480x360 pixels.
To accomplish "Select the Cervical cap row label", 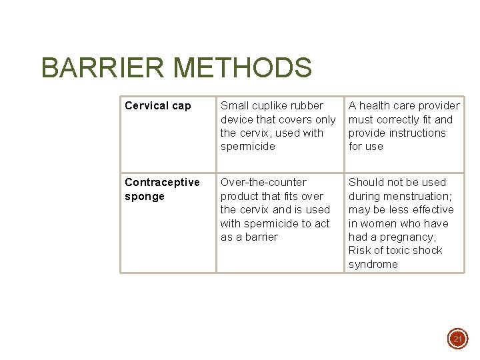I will (x=157, y=106).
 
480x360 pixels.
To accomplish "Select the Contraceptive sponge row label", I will (x=162, y=189).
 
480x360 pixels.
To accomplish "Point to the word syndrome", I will (x=373, y=265).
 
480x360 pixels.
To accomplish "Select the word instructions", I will (x=413, y=133).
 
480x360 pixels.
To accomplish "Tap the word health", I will (x=375, y=106).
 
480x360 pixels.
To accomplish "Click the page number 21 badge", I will (x=457, y=339).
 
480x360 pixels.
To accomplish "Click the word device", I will (x=237, y=119).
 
